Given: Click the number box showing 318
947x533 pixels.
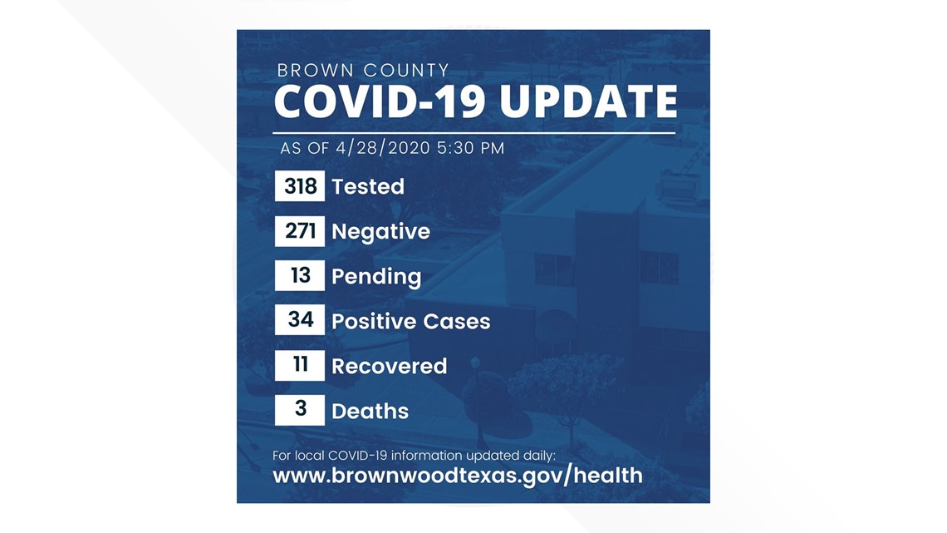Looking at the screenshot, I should [x=300, y=186].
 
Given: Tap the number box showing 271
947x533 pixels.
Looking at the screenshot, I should [x=300, y=231].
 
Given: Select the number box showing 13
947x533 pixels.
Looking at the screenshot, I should [x=300, y=276].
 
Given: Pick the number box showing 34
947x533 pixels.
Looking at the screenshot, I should [x=300, y=321].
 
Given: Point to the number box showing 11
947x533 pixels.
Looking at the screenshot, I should [x=300, y=366].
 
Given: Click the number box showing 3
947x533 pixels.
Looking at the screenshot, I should [x=300, y=410].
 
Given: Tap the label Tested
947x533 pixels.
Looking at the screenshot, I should [x=368, y=186].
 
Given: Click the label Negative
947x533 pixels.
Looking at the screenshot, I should [x=380, y=231].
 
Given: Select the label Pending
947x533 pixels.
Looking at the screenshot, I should [x=376, y=277].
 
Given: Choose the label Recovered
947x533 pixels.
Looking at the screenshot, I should [x=389, y=366].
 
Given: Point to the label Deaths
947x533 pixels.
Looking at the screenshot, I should [x=370, y=411].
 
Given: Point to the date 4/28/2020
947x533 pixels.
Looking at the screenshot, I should [x=384, y=148].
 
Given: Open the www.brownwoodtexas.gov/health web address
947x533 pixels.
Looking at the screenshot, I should [x=457, y=476].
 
